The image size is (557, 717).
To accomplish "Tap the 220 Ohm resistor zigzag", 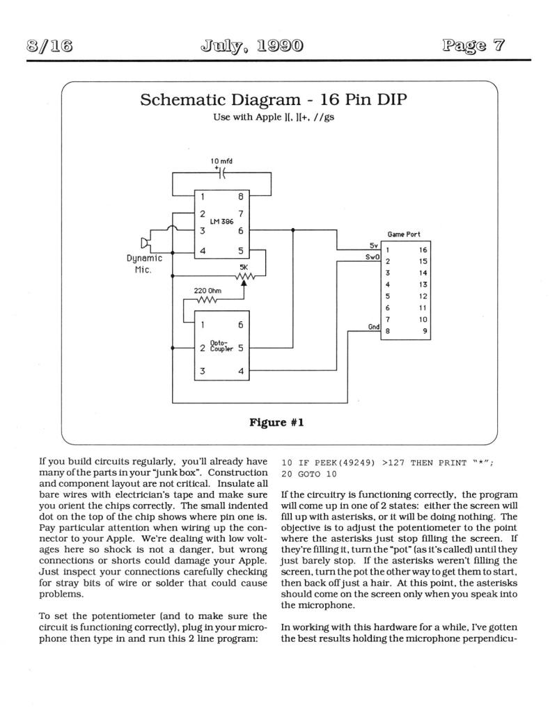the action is tap(207, 300).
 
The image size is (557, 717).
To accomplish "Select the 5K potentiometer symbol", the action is tap(244, 278).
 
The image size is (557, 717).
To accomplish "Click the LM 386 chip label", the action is tap(221, 222).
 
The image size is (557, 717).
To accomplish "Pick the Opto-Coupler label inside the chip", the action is tap(221, 345).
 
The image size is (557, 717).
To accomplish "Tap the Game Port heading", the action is tap(404, 234).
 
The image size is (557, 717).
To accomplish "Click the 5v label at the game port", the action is tap(374, 245).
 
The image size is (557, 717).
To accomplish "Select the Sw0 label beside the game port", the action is tap(372, 257).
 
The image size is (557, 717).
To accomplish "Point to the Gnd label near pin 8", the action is tap(374, 326).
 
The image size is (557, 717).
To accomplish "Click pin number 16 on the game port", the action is tap(423, 250).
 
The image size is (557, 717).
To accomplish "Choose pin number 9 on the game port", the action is tap(425, 331).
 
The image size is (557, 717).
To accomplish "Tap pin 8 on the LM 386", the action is tap(241, 197).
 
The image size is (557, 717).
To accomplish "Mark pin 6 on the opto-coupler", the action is tap(241, 325).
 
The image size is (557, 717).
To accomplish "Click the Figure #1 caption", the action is tap(276, 423).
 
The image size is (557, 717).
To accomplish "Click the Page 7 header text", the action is tap(473, 45).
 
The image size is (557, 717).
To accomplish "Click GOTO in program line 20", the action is tap(309, 474).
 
